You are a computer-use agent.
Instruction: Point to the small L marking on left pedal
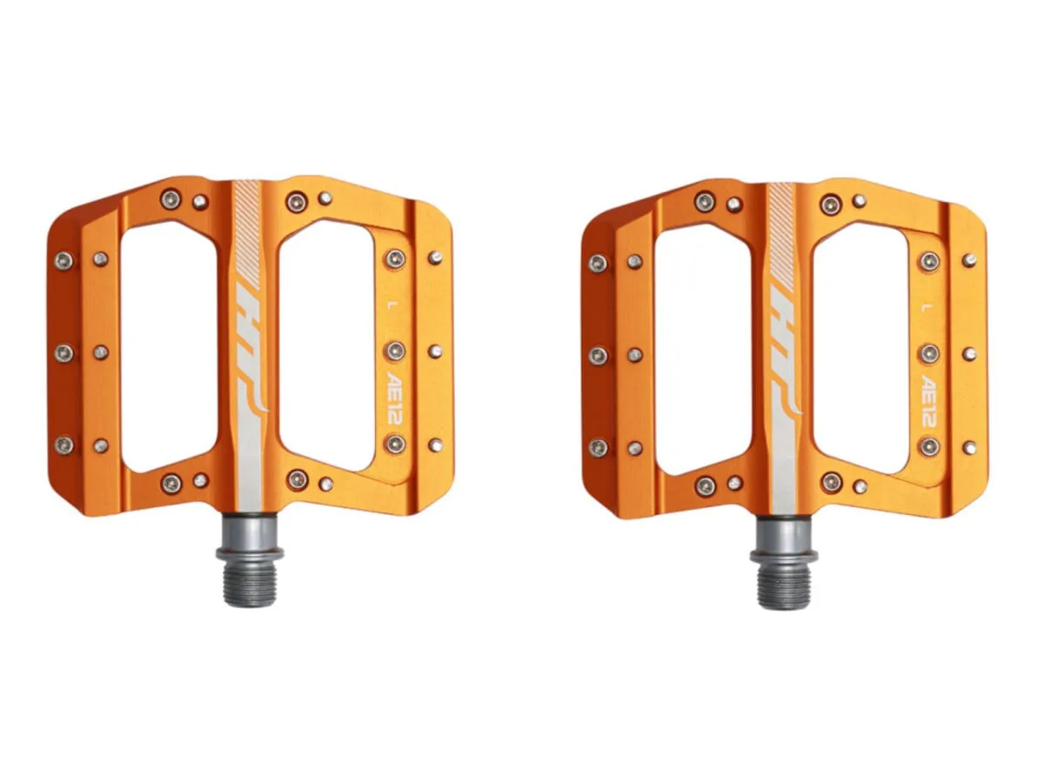point(390,304)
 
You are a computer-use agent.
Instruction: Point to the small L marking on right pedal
point(924,307)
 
